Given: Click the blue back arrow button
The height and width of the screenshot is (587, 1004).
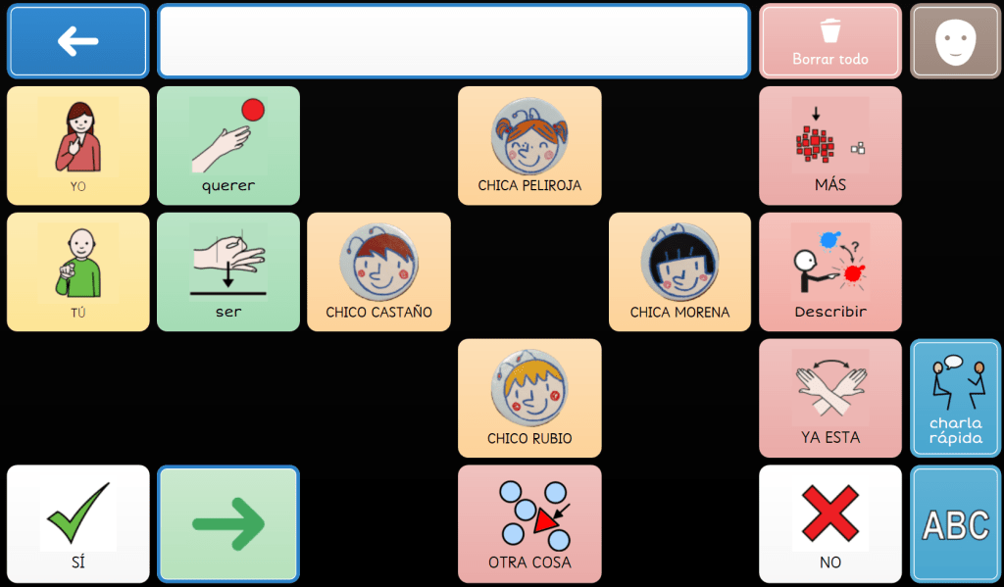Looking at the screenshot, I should pos(78,41).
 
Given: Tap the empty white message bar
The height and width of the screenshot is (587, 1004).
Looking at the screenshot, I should pos(453,41).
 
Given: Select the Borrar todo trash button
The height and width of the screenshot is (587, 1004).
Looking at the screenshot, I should pos(830,41).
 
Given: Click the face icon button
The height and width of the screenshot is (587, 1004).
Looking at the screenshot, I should pos(955,41).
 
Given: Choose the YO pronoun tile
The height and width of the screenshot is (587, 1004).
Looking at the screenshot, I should pos(78,145).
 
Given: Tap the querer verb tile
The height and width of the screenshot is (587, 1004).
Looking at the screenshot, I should pos(228,145).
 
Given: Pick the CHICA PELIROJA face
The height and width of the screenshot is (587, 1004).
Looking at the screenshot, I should pos(529,145).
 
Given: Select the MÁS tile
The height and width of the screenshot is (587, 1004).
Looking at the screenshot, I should pos(830,145).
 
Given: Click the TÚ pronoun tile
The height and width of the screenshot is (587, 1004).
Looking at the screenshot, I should pos(78,271).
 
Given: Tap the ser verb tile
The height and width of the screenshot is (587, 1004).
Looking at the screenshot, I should pos(228,271).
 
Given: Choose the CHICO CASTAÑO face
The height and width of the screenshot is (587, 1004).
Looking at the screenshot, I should pos(378,271).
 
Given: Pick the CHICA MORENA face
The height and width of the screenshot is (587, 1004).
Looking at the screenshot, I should pos(679,271).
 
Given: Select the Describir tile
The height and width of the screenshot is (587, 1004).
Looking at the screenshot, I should pos(830,271).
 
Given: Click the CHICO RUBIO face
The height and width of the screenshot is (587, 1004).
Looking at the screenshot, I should pos(529,398).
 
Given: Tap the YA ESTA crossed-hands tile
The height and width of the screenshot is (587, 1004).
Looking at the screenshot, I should pos(830,398).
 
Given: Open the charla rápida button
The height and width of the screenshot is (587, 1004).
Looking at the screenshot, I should pos(955,398).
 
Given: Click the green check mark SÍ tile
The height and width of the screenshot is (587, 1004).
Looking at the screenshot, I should pos(78,523).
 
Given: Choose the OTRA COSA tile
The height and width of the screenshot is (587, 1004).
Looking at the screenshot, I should pos(529,523).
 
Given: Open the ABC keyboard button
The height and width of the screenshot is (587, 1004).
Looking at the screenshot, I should pos(955,523).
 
